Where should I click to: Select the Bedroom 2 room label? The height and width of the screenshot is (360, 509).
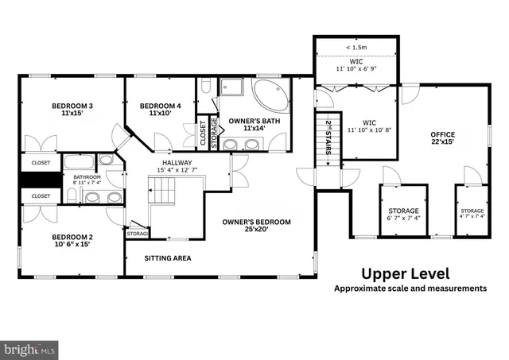tap(72, 240)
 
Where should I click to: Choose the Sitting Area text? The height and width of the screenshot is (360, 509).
tap(168, 257)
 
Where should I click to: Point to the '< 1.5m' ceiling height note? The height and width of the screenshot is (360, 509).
tap(356, 48)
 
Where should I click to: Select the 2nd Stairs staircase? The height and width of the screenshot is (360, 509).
tap(328, 143)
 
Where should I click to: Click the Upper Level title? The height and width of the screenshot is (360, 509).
tap(406, 273)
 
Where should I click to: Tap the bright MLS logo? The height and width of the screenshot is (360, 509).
tap(30, 348)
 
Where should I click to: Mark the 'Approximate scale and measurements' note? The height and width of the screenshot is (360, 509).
tap(410, 288)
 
